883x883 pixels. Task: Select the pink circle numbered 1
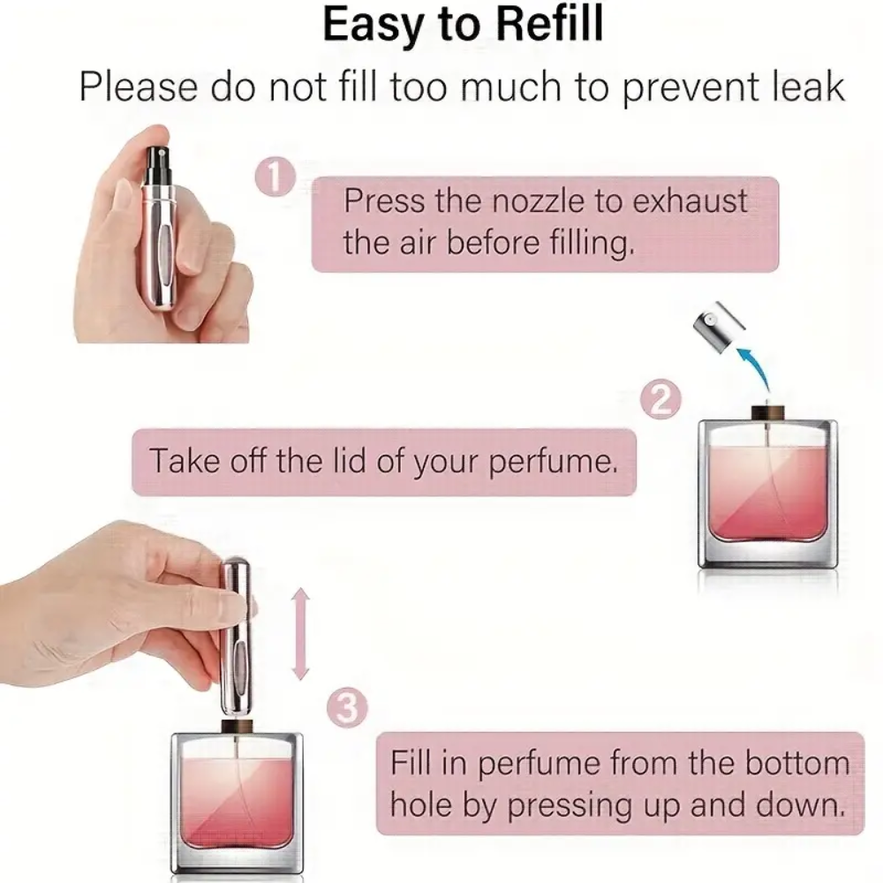(x=275, y=178)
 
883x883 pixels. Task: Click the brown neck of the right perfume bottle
(x=767, y=413)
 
